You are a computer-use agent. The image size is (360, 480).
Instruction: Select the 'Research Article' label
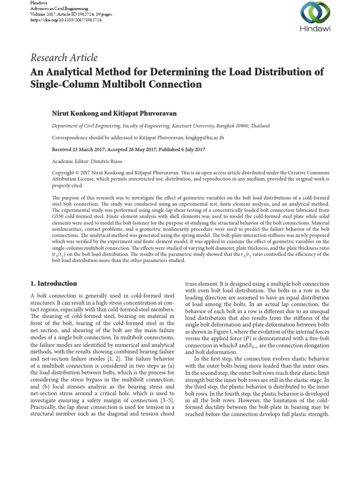click(64, 58)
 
